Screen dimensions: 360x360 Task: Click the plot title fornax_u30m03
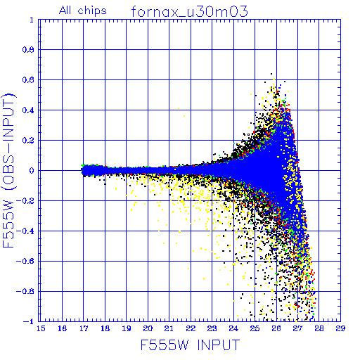189,12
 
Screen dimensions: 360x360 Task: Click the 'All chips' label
83,11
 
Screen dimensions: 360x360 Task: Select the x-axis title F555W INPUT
191,345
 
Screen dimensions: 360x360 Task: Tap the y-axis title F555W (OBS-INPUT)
9,171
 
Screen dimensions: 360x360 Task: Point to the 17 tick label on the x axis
84,328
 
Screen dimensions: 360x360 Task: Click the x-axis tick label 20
148,328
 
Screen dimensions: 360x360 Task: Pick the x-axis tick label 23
212,328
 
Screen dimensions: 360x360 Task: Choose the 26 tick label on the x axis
276,328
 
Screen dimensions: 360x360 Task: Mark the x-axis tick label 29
340,328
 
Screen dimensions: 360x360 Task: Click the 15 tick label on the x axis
41,328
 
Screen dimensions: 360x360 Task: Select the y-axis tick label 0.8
28,50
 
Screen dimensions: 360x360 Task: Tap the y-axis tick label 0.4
28,110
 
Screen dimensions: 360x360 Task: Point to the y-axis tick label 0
32,171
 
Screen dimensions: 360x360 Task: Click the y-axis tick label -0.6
25,261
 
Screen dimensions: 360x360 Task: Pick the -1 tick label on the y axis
29,321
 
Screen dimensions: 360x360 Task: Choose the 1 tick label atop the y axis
32,20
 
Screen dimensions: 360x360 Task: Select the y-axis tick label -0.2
25,201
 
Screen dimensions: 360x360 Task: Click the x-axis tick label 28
319,328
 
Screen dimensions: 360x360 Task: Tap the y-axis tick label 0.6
28,80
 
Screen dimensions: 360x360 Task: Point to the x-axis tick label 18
105,328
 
